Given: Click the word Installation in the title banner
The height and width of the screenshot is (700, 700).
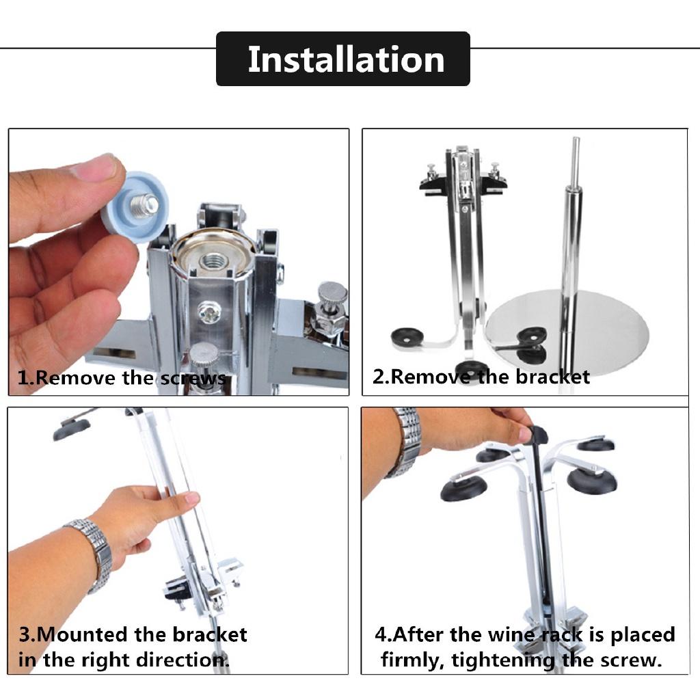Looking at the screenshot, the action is pyautogui.click(x=346, y=59).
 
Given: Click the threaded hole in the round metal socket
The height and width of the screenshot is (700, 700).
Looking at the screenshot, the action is pyautogui.click(x=212, y=260).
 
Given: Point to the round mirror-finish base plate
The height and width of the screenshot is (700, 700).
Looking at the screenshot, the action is pyautogui.click(x=567, y=323).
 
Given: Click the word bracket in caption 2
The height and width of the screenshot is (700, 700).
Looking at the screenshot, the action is pyautogui.click(x=552, y=377).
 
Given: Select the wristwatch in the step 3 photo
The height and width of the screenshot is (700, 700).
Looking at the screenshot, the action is pyautogui.click(x=92, y=554).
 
